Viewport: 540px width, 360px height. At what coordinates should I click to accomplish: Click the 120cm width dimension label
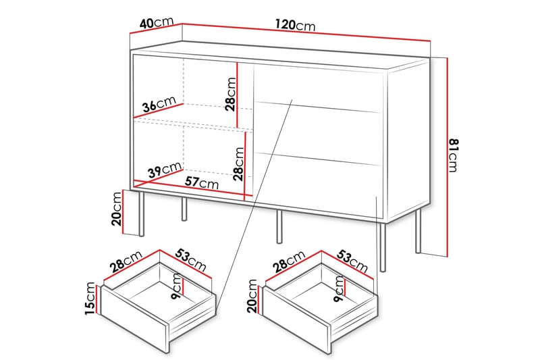tap(295, 25)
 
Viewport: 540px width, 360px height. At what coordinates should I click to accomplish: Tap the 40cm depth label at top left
tap(154, 22)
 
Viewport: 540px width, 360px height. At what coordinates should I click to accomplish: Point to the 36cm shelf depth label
tap(159, 105)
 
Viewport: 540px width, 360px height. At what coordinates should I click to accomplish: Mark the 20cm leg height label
tap(117, 207)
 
